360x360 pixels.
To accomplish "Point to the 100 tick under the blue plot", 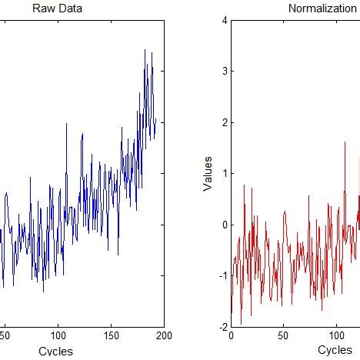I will pos(58,336).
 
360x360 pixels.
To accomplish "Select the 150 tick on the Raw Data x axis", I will pos(112,336).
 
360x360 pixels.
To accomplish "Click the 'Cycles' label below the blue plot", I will pos(55,351).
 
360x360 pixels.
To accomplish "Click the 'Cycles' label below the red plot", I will pos(335,351).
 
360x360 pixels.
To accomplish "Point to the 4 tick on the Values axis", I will pos(222,21).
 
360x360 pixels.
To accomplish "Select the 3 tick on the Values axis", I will pos(222,72).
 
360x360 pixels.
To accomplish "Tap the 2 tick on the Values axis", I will pos(222,123).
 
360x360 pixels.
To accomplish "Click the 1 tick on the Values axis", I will pos(222,174).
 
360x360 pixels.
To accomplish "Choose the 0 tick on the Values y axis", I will pos(222,225).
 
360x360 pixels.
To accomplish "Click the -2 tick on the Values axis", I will pos(221,327).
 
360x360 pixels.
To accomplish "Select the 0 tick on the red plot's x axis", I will pos(231,336).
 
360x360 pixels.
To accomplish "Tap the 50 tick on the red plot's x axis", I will pos(283,336).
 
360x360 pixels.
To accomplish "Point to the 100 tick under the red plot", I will pos(335,336).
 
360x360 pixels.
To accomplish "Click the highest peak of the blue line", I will pos(145,50).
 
